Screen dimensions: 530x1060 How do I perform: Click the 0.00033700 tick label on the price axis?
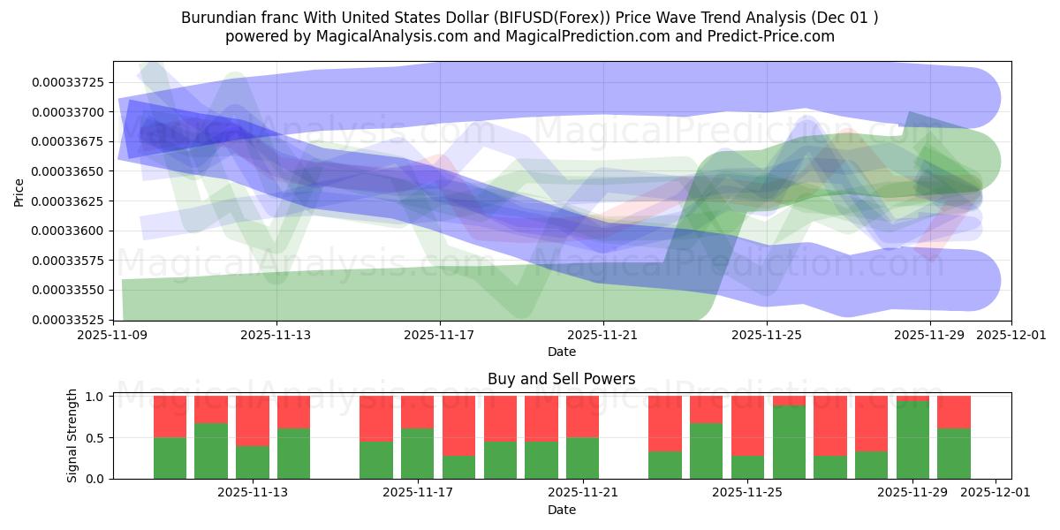click(x=68, y=112)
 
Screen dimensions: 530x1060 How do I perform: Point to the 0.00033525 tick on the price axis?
click(x=68, y=320)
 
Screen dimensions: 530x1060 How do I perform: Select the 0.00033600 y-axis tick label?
click(x=68, y=231)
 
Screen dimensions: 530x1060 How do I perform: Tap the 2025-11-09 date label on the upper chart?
click(x=113, y=336)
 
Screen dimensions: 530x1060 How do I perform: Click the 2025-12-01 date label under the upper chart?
click(x=1011, y=336)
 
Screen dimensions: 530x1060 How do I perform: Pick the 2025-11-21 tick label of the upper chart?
click(x=603, y=336)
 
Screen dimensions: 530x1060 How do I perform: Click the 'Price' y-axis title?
click(x=19, y=191)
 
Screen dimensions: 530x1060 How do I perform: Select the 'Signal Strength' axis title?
click(x=72, y=435)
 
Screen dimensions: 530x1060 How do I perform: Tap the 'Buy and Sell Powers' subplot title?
click(x=561, y=379)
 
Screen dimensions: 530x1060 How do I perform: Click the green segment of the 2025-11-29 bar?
click(x=912, y=440)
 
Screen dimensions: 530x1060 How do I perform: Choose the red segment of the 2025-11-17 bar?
click(x=418, y=412)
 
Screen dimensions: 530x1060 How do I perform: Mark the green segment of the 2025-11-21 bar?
click(x=583, y=458)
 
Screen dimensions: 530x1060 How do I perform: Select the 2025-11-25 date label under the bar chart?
click(x=747, y=493)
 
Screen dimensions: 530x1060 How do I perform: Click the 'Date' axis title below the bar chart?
click(x=561, y=510)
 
